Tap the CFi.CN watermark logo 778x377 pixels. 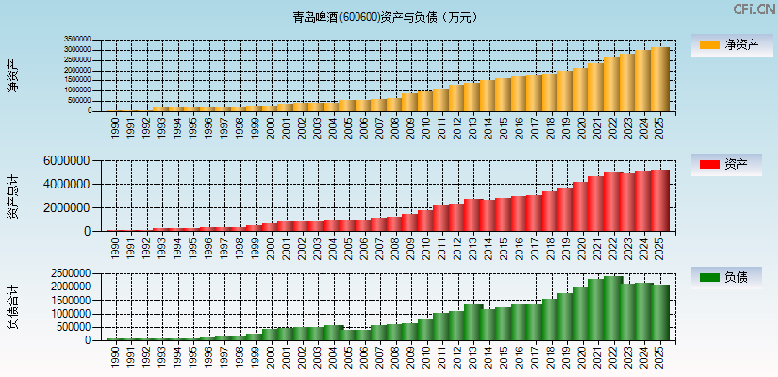(754, 9)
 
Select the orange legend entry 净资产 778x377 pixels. (727, 45)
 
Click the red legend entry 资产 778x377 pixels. (727, 165)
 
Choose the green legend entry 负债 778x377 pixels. (727, 277)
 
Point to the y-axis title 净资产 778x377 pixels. (13, 75)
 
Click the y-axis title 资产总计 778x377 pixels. (13, 196)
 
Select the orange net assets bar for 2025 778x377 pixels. (660, 79)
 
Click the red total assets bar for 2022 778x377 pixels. (614, 201)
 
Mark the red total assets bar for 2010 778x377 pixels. (426, 221)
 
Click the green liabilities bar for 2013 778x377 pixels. (473, 322)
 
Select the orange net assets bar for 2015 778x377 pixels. (505, 94)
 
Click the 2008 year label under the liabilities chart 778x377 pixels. (396, 355)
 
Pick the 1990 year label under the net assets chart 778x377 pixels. (115, 127)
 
